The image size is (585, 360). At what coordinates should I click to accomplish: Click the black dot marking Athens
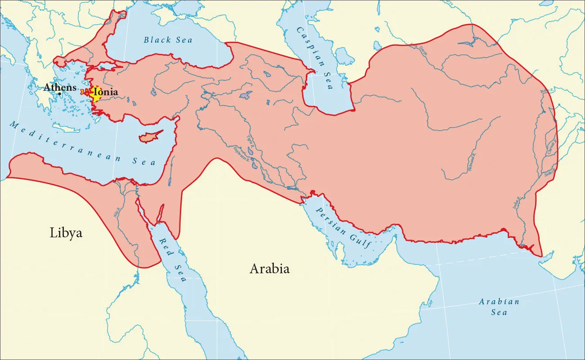coord(60,93)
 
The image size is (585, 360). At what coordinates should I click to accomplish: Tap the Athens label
coord(59,88)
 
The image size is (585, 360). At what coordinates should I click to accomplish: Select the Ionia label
coord(106,92)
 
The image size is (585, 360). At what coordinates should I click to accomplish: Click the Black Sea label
coord(168,40)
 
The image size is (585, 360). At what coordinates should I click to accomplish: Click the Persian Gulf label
coord(343,227)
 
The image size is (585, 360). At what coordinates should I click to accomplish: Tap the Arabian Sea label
coord(499,307)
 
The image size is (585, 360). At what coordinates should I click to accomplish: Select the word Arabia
coord(269,269)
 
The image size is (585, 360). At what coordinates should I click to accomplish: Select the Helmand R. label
coord(473,164)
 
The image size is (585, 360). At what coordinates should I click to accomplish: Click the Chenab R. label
coord(552,148)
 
